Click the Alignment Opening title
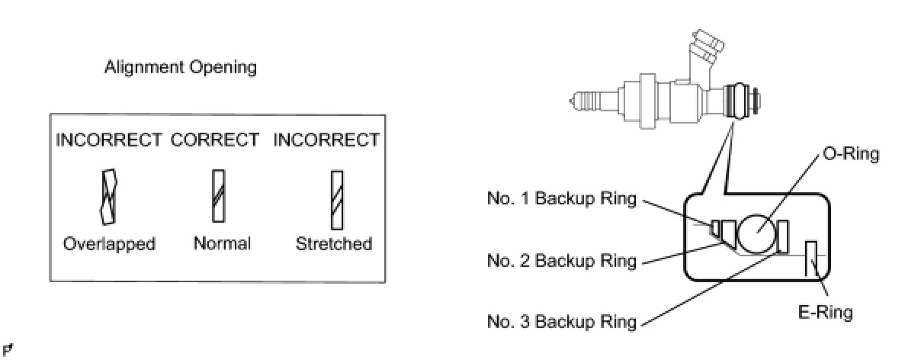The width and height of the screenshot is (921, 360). (180, 68)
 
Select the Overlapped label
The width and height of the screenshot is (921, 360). (109, 244)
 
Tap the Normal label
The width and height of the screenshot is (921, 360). (221, 244)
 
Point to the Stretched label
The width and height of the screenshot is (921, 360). (334, 244)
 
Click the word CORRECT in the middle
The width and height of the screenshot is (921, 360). (215, 140)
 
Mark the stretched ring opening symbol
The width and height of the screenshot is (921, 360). (335, 200)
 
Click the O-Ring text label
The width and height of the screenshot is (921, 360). (851, 154)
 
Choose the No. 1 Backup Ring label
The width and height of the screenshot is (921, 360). (562, 200)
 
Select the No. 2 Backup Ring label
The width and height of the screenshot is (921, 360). (562, 260)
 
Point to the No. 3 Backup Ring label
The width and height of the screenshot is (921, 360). (562, 321)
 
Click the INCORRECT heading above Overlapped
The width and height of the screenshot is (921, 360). (109, 140)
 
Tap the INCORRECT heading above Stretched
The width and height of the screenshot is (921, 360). (326, 140)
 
